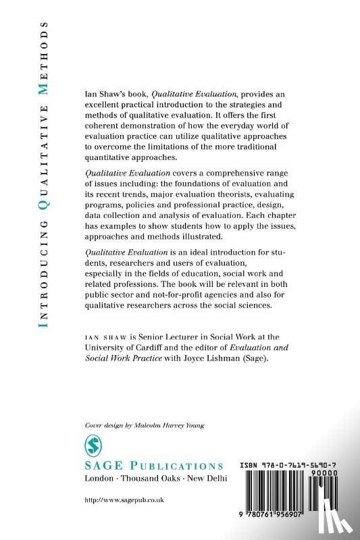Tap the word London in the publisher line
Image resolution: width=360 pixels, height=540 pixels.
coord(101,479)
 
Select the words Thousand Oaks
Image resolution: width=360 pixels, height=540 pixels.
coord(155,479)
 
